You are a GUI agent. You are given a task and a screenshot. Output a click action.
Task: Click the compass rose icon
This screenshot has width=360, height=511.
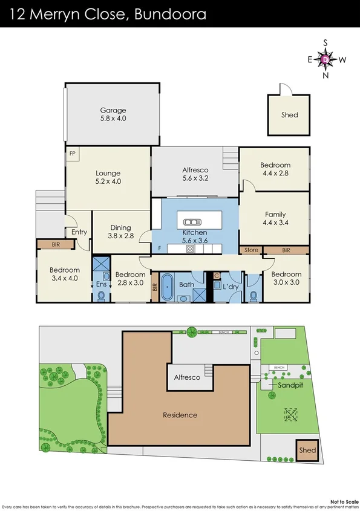326,59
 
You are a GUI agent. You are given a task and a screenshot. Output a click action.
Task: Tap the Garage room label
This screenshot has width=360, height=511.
113,110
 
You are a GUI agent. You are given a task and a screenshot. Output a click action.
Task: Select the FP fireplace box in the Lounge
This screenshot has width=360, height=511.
72,154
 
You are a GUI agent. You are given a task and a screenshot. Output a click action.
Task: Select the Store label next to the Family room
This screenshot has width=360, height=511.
250,249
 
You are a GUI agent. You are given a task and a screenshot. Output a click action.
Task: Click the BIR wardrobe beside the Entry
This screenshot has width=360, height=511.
55,244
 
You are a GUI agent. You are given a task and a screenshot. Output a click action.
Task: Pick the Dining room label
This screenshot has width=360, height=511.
120,228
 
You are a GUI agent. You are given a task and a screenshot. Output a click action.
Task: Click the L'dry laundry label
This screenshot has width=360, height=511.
231,285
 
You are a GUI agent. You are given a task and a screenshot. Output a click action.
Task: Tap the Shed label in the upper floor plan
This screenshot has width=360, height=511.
290,115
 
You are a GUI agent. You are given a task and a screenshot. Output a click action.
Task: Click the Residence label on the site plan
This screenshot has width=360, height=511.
180,415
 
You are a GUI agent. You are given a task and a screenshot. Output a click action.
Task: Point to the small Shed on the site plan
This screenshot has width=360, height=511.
307,451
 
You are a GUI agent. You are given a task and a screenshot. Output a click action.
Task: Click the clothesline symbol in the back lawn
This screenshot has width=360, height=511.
292,414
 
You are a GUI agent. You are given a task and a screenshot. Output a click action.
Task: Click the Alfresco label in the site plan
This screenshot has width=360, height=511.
187,377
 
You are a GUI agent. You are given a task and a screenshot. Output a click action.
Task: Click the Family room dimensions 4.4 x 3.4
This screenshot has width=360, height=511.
275,223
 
